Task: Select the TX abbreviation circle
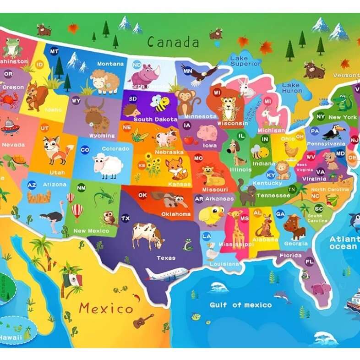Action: pyautogui.click(x=125, y=218)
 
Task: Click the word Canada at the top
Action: pyautogui.click(x=173, y=43)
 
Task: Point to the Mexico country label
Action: pyautogui.click(x=106, y=308)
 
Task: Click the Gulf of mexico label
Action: pyautogui.click(x=240, y=305)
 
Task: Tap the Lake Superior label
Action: pyautogui.click(x=245, y=61)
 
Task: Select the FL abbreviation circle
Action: pyautogui.click(x=310, y=262)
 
